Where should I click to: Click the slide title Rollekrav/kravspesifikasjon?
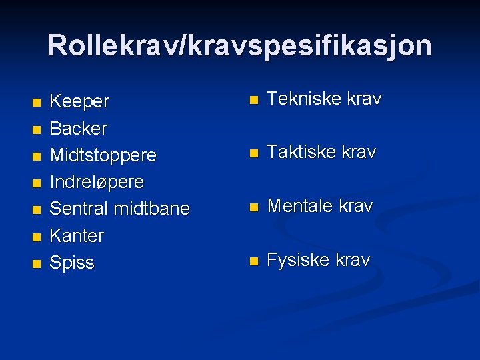point(239,46)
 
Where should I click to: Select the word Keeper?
point(79,102)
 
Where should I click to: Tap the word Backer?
point(79,128)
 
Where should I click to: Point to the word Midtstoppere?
point(103,155)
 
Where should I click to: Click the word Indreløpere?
point(97,182)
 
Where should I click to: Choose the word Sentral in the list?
point(79,209)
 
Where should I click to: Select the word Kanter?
point(77,235)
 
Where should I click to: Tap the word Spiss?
point(73,263)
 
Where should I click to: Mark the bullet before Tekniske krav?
point(253,101)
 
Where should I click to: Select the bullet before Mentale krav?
point(253,208)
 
